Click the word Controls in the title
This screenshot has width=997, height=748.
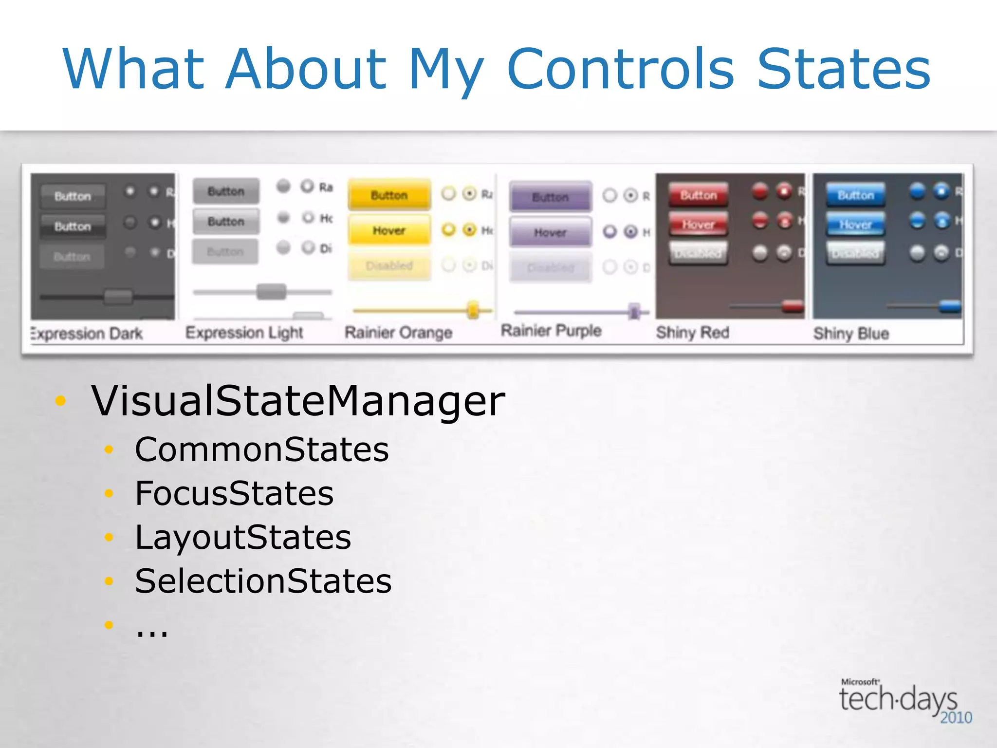[x=620, y=69]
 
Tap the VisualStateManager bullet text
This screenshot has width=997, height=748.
[x=298, y=401]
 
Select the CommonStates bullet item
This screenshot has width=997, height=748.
[x=262, y=449]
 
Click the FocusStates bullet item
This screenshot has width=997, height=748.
[x=234, y=493]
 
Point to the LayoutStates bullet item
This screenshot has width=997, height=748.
[x=243, y=538]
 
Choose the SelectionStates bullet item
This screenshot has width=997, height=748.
[x=263, y=581]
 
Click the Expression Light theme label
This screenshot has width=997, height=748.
[x=244, y=333]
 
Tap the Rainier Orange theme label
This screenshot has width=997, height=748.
[x=398, y=333]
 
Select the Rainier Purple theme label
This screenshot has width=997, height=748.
[x=551, y=331]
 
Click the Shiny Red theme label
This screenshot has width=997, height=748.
[x=692, y=333]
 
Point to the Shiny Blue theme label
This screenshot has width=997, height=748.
[x=851, y=334]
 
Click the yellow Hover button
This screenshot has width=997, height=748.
[x=389, y=230]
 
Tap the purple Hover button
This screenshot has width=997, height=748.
[x=550, y=233]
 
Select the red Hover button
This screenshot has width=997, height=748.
[x=698, y=224]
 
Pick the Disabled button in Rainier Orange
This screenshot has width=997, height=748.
[x=389, y=266]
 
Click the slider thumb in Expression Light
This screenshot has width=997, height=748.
[x=271, y=292]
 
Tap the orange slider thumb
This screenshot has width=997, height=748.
[x=472, y=310]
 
